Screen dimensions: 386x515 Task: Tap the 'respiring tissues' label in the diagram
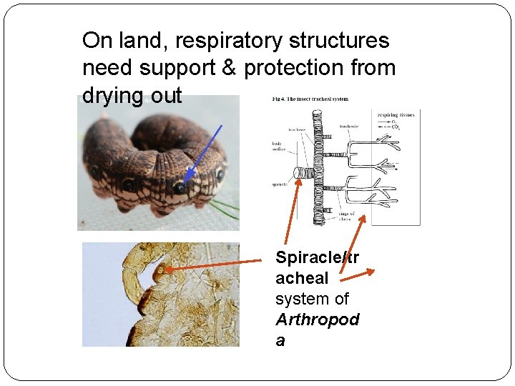[399, 114]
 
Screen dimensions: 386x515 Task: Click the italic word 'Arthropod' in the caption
[318, 320]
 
